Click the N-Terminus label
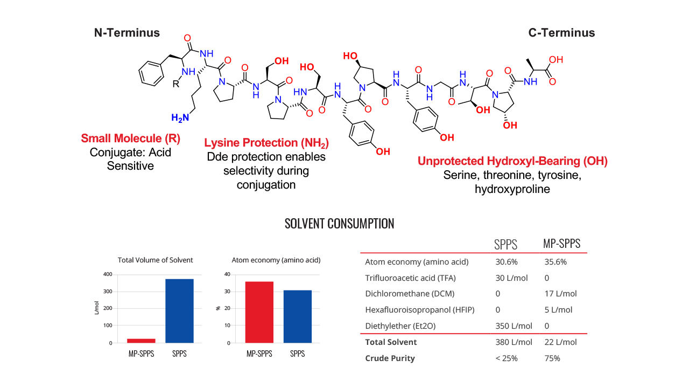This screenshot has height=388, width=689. [x=127, y=33]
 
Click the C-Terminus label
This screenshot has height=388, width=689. [x=561, y=33]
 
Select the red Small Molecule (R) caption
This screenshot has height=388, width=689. [x=131, y=138]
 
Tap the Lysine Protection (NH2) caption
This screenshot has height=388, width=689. [x=266, y=143]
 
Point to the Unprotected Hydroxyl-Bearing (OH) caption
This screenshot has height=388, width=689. [x=512, y=161]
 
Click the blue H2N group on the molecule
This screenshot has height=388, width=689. [x=180, y=117]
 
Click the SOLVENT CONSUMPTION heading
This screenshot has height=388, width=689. [x=339, y=224]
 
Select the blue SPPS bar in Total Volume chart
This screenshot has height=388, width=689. [x=179, y=310]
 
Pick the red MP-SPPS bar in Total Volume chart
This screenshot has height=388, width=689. [x=141, y=341]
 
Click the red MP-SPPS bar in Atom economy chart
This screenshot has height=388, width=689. [x=259, y=312]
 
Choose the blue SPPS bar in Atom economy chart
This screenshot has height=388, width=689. [x=297, y=316]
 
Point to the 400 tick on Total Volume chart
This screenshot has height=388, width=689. [x=108, y=274]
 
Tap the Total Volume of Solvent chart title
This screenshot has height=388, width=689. [x=155, y=260]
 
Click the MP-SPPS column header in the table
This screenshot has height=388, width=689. [x=561, y=244]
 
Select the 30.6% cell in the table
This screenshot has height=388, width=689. [x=507, y=262]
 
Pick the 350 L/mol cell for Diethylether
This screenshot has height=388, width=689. [x=514, y=326]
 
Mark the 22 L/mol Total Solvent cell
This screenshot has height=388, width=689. [x=560, y=342]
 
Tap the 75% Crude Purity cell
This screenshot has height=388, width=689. [x=552, y=358]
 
